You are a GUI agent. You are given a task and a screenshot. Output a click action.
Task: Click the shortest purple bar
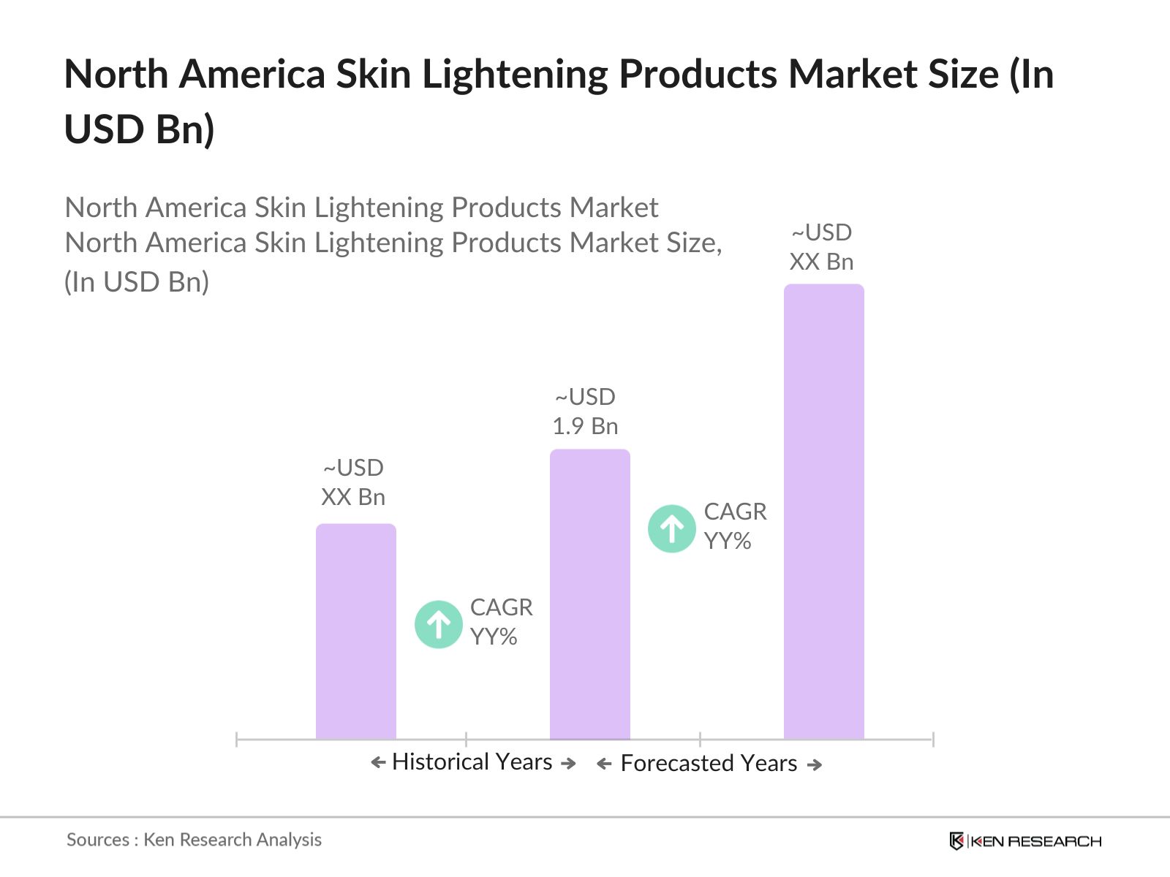355,632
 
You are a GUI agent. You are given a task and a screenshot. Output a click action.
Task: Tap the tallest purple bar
823,512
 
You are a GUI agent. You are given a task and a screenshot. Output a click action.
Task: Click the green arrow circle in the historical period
438,624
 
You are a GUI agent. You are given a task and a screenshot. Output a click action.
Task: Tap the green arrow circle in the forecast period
671,528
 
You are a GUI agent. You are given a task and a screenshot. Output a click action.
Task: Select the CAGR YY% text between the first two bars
501,622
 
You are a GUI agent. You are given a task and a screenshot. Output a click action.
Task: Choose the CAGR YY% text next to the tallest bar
735,526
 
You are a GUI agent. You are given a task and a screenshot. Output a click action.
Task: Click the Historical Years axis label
472,762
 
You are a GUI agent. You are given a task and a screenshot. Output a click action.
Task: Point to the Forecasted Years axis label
709,764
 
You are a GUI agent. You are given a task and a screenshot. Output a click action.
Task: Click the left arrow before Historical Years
378,763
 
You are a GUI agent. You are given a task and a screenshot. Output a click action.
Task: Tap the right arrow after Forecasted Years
815,764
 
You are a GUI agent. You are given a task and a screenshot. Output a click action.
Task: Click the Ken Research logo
1024,841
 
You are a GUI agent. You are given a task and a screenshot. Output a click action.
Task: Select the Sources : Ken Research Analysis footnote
194,840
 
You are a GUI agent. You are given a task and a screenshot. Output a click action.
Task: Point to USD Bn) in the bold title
139,130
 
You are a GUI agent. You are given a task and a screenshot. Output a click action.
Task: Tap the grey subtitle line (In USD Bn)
137,282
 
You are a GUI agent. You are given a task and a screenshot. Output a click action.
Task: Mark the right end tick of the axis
933,739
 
